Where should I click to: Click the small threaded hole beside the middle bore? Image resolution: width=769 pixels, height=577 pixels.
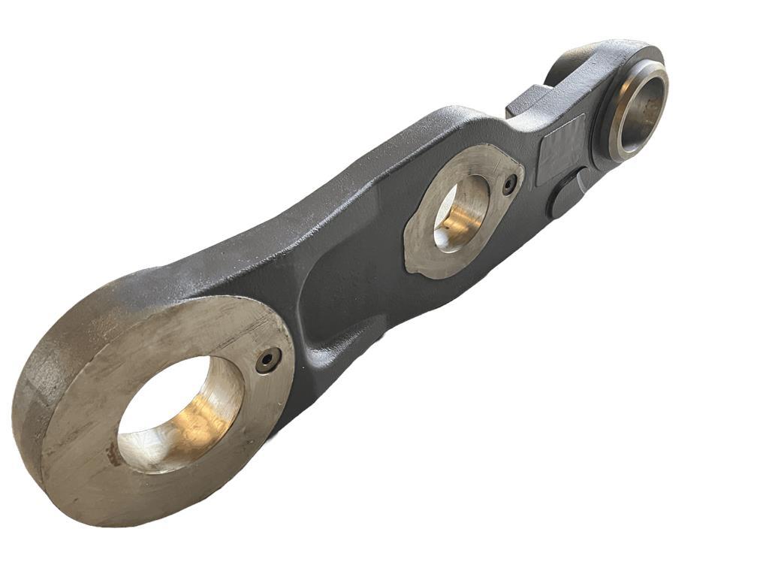click(510, 184)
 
